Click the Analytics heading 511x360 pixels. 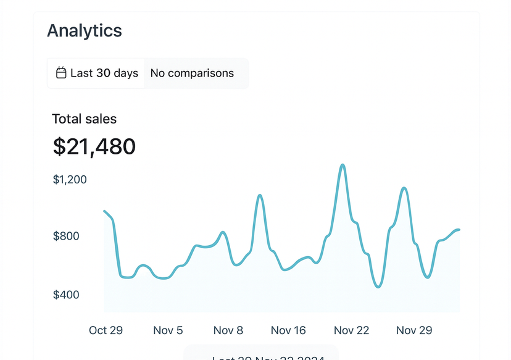pyautogui.click(x=85, y=30)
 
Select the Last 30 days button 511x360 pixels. pyautogui.click(x=96, y=73)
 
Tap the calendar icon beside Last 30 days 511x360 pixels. pyautogui.click(x=61, y=73)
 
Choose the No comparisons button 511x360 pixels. pyautogui.click(x=192, y=73)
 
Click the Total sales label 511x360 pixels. pyautogui.click(x=84, y=119)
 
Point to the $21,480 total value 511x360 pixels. pyautogui.click(x=94, y=147)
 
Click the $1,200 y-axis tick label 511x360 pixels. pyautogui.click(x=70, y=180)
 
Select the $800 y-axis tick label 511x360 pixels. pyautogui.click(x=66, y=236)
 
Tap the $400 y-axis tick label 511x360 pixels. pyautogui.click(x=66, y=295)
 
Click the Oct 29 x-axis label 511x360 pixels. pyautogui.click(x=106, y=330)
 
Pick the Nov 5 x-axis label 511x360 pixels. pyautogui.click(x=167, y=330)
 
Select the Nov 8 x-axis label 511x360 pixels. pyautogui.click(x=228, y=330)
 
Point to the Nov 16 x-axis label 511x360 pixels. pyautogui.click(x=288, y=330)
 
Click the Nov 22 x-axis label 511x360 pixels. pyautogui.click(x=352, y=330)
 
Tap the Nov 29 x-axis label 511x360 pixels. pyautogui.click(x=414, y=330)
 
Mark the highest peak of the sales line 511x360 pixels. pyautogui.click(x=343, y=165)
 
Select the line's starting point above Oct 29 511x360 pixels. pyautogui.click(x=104, y=211)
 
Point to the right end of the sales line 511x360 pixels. pyautogui.click(x=459, y=230)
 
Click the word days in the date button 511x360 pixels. pyautogui.click(x=126, y=73)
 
